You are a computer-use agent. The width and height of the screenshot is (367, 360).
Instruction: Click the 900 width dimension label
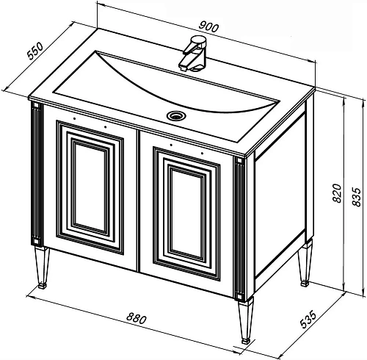tap(208, 26)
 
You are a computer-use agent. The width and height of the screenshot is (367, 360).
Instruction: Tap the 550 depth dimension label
tap(35, 51)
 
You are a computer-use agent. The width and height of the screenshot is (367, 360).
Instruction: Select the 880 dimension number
tap(137, 318)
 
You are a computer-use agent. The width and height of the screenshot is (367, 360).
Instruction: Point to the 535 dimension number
tap(308, 320)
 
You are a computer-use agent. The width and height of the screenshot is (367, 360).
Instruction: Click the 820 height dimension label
tap(337, 193)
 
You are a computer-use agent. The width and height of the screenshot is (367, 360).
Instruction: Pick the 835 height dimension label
tap(356, 197)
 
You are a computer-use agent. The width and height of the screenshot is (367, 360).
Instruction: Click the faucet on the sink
tap(193, 54)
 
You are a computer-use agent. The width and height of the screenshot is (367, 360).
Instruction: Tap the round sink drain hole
tap(176, 115)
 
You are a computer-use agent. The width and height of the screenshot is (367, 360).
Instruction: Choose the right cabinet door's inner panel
tap(186, 212)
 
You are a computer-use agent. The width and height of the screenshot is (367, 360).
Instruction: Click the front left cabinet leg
tap(42, 267)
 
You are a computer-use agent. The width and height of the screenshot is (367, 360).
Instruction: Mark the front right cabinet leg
tap(246, 320)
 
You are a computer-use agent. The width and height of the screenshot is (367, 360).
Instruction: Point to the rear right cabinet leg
tap(305, 263)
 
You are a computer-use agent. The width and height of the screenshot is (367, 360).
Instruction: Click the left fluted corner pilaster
tap(37, 174)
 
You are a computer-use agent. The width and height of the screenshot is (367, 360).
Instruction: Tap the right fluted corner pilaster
tap(240, 228)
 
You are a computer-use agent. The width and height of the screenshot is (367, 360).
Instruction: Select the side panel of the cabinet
tap(280, 196)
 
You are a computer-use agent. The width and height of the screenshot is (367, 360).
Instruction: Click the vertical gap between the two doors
tap(138, 201)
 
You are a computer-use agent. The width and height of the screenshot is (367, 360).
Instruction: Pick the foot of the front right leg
tap(246, 341)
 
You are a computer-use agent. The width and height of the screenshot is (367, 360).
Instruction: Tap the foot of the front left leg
tap(43, 286)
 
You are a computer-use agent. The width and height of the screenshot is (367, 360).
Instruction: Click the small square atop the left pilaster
tap(36, 106)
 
